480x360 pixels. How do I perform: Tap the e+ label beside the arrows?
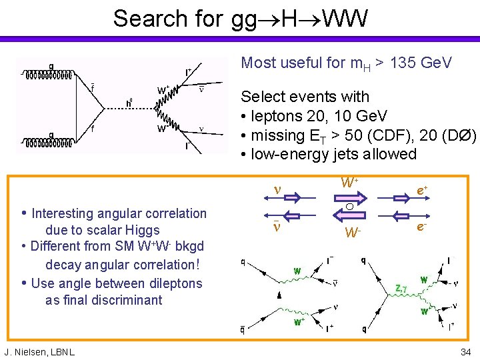[x=421, y=191]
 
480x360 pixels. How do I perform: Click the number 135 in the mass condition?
[x=405, y=63]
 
